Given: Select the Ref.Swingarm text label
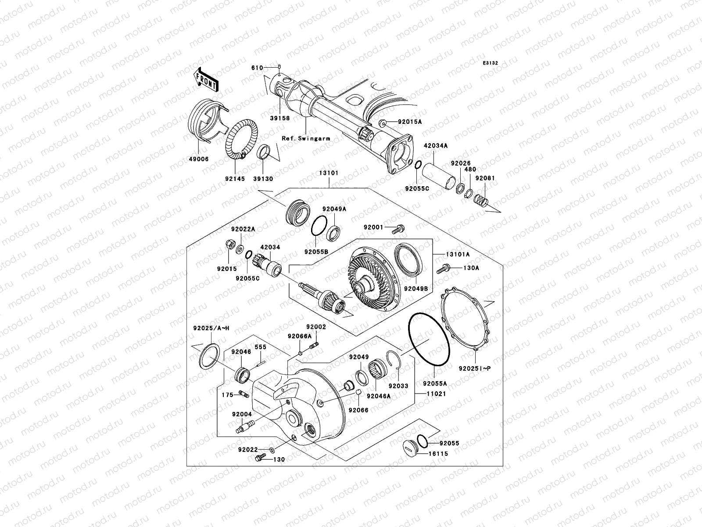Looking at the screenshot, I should click(306, 138).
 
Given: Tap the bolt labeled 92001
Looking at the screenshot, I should click(399, 228).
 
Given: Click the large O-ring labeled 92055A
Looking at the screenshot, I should click(429, 339).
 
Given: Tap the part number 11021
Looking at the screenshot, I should click(436, 394).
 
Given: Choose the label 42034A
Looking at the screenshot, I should click(435, 145).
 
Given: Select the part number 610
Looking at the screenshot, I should click(257, 68).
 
